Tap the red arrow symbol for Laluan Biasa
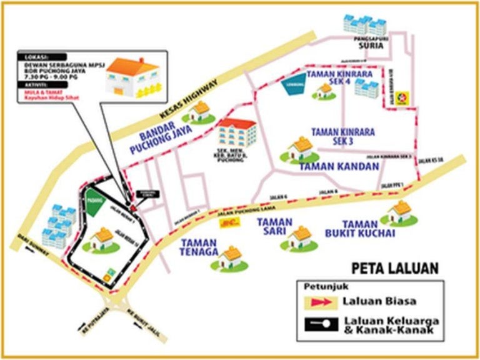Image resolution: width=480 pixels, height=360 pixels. coord(319,302)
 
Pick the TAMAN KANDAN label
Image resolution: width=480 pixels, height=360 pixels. coord(339,167)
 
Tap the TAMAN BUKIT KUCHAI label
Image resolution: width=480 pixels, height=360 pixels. coord(369,228)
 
